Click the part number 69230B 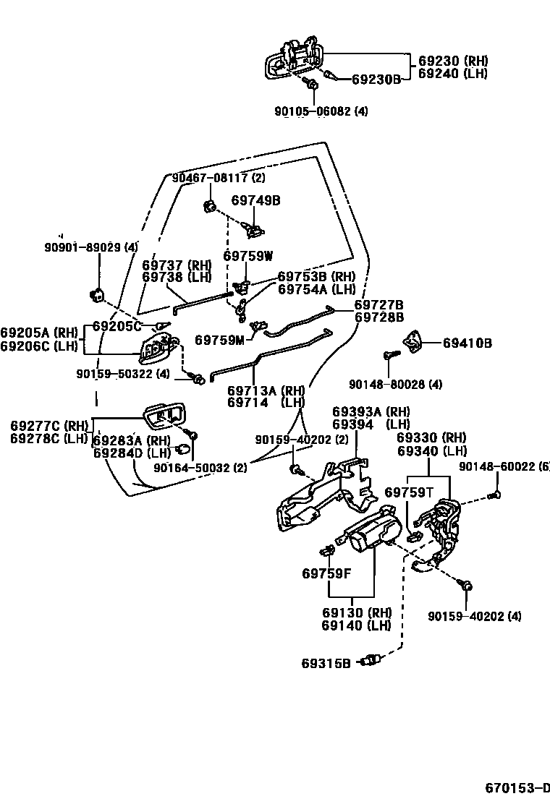pos(376,79)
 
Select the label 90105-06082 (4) pos(321,111)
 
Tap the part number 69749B pos(255,200)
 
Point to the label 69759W pos(248,255)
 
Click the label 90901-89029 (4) pos(91,247)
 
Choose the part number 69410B pos(467,343)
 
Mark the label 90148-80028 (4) pos(405,384)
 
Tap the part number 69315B pos(326,662)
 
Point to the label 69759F pos(326,574)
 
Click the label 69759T pos(409,492)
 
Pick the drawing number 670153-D pos(517,787)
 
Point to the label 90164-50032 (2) pos(200,468)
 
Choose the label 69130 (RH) pos(357,612)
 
